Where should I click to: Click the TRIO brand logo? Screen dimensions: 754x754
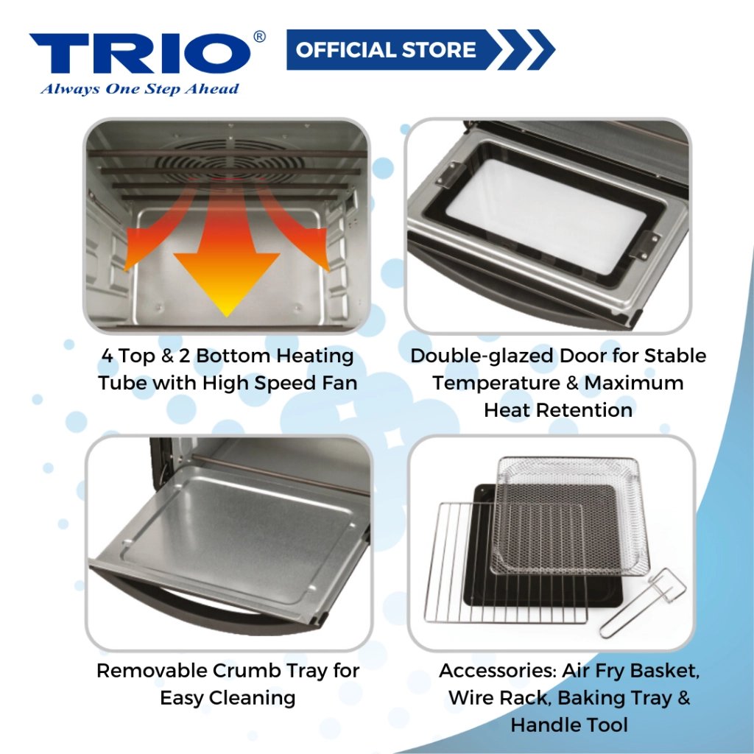point(140,53)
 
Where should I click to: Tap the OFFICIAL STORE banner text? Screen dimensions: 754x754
point(386,50)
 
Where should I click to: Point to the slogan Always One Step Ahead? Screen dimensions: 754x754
point(139,89)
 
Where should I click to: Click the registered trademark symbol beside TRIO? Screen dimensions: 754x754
point(258,37)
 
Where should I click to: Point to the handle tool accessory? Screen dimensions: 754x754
point(643,603)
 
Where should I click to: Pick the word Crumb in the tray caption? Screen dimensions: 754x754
point(246,671)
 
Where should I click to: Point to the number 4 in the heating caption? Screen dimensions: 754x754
point(108,356)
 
